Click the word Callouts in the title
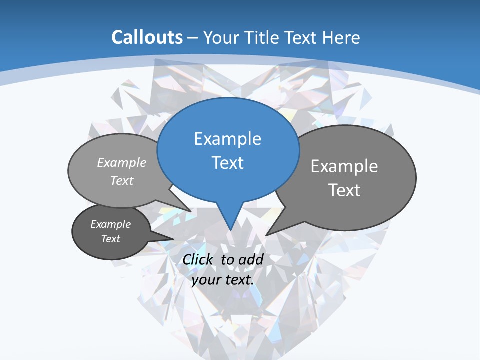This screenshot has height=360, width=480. [147, 37]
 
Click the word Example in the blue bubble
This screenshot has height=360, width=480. [227, 139]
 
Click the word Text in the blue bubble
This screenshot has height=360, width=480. [227, 163]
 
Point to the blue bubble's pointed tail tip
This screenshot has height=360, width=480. [230, 230]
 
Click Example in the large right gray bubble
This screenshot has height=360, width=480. [344, 166]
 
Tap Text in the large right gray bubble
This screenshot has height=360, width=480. [344, 190]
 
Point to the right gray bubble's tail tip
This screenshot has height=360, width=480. [266, 235]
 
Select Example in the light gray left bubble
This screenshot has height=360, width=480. [122, 162]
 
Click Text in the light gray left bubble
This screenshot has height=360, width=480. [121, 180]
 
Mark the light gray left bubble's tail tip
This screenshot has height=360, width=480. [191, 211]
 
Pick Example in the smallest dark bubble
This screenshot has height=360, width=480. [110, 224]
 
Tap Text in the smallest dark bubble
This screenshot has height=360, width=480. [110, 239]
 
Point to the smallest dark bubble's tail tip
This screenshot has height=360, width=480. [173, 239]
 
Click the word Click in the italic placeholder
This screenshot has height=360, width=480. [198, 259]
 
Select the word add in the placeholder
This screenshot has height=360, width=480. [251, 259]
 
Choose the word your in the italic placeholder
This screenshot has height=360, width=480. [206, 280]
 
